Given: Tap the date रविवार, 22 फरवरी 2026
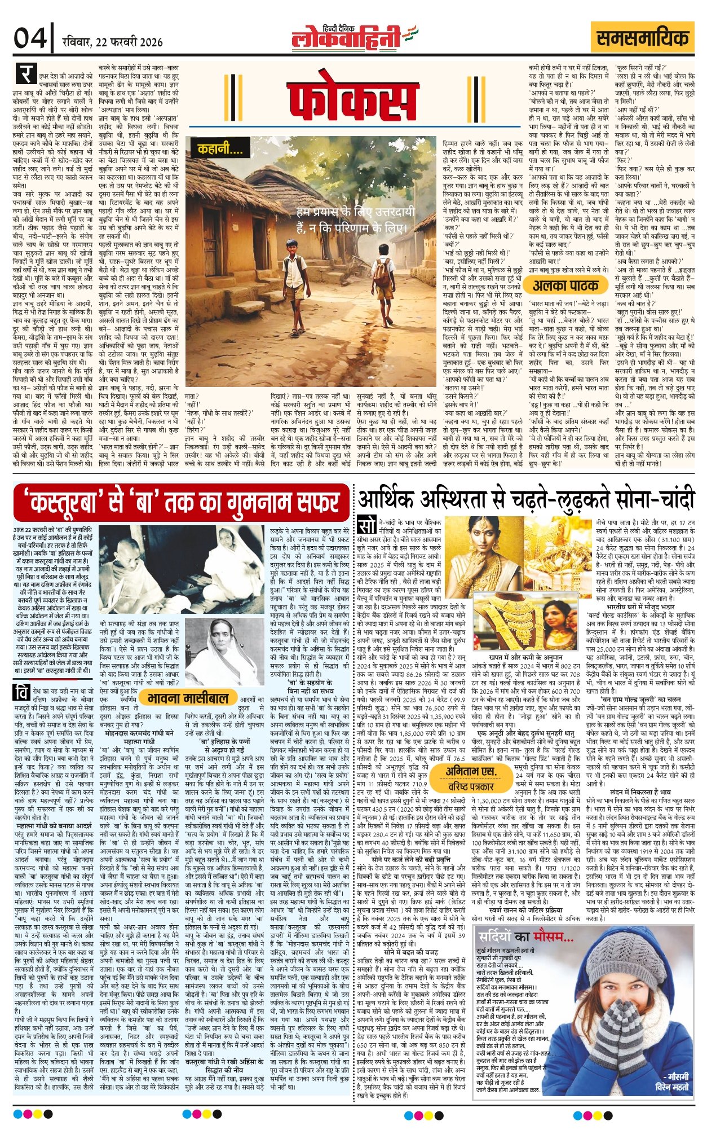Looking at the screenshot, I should [113, 42].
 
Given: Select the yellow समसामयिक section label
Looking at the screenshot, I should [643, 38].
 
